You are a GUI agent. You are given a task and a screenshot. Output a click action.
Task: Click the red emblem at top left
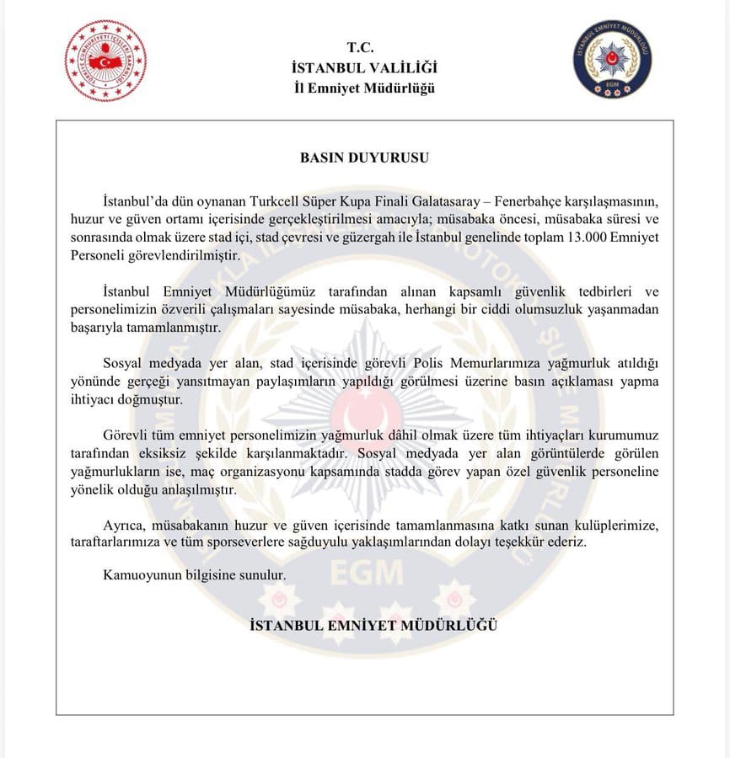tap(105, 61)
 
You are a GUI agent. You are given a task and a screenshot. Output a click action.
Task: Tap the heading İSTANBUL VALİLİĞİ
tap(363, 68)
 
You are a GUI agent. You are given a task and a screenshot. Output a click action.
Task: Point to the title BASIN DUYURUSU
tap(364, 157)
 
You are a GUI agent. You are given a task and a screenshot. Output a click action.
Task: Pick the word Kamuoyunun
tap(141, 577)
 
